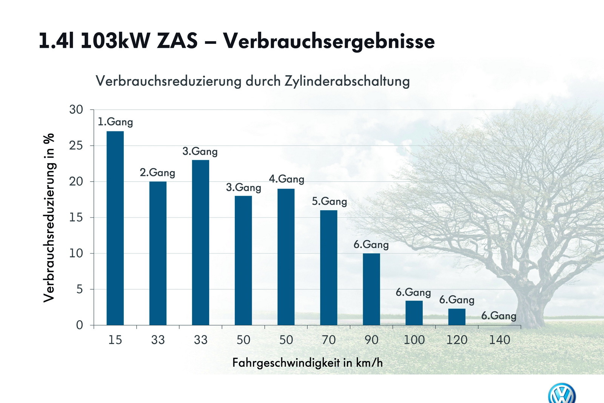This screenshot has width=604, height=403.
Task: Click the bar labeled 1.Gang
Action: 115,228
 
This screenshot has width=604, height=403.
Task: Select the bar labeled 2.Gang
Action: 158,253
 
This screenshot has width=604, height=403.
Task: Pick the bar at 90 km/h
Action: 371,289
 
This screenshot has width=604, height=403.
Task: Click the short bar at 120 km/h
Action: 457,317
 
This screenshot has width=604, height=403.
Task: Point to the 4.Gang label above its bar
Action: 287,179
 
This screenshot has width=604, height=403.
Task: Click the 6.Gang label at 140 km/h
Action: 499,316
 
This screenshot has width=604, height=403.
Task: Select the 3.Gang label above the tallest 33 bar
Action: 200,151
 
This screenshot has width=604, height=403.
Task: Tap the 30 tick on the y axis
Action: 76,110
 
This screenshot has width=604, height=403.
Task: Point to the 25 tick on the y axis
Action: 76,145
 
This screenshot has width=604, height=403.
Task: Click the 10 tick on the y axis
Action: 76,253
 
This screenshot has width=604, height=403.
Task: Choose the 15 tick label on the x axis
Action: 115,340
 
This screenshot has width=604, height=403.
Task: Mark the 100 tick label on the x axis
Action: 414,340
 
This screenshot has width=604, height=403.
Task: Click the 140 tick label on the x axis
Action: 499,340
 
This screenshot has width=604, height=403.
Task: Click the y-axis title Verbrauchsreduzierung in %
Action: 49,218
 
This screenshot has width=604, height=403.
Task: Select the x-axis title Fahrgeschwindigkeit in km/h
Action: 307,363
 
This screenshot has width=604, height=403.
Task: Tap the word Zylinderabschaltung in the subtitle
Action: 347,81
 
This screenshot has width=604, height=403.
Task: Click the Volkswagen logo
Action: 562,394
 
